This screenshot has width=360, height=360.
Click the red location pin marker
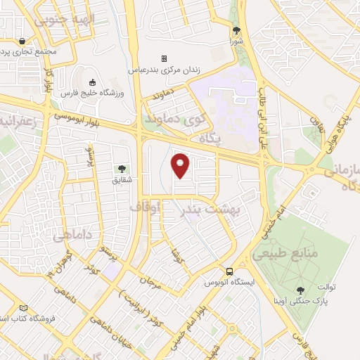[181, 165]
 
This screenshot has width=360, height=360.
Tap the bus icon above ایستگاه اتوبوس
[229, 272]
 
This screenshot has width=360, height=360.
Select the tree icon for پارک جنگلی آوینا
[301, 289]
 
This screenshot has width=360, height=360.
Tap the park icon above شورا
[236, 30]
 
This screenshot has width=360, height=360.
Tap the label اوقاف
[146, 207]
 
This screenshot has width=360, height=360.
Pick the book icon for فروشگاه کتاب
[24, 309]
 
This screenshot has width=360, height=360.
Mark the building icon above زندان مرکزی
[164, 58]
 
